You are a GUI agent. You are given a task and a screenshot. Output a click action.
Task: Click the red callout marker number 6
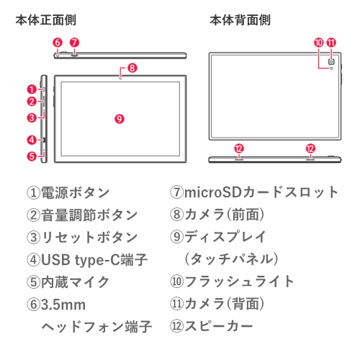[58, 42]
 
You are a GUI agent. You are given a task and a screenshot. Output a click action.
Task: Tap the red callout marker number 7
[74, 42]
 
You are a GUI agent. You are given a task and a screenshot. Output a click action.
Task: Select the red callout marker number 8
[132, 68]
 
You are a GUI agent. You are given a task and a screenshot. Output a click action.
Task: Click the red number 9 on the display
[120, 119]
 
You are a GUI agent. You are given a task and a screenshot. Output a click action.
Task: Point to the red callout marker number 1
[32, 89]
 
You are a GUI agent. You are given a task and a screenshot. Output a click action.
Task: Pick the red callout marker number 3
[32, 118]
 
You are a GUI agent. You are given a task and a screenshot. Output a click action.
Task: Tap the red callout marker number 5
[32, 156]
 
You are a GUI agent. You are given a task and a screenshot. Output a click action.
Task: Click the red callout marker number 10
[319, 42]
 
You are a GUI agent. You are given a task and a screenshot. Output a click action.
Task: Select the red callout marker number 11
[331, 42]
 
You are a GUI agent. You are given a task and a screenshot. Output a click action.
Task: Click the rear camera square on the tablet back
[331, 62]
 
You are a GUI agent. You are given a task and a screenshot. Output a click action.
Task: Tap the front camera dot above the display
[121, 78]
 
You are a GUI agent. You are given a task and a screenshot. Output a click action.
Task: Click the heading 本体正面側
[46, 20]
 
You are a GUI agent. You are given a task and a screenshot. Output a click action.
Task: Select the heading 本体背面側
[240, 20]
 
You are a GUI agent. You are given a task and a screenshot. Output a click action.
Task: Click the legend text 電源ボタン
[76, 193]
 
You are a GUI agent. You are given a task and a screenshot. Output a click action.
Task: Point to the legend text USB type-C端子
[94, 260]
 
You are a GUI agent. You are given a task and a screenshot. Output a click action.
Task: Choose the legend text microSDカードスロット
[261, 192]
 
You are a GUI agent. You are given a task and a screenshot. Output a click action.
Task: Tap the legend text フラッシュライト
[239, 282]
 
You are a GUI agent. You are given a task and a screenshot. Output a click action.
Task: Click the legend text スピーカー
[219, 326]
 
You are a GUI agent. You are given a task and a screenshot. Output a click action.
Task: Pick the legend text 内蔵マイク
[76, 282]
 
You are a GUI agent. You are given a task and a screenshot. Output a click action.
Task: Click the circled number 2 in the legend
[33, 215]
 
